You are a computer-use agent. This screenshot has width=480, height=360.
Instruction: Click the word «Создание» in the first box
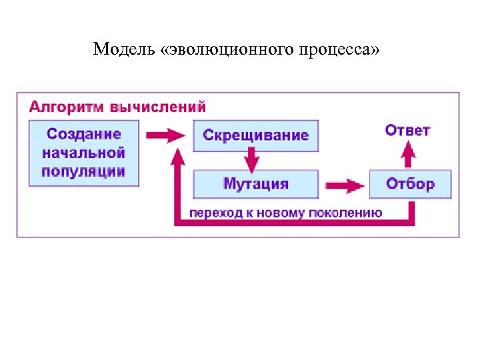click(x=84, y=134)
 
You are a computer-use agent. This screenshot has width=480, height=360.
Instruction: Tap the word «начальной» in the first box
click(x=84, y=153)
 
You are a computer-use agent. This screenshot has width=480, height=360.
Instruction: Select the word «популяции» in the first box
click(x=84, y=171)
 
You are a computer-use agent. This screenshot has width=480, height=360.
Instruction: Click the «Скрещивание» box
click(x=255, y=135)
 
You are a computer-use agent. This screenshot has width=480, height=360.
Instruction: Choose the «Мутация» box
click(x=255, y=184)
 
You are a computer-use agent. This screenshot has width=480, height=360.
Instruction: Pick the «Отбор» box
click(x=410, y=184)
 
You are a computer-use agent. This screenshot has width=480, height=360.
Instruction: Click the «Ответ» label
click(x=407, y=130)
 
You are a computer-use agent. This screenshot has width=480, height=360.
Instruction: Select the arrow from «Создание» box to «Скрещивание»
click(x=165, y=135)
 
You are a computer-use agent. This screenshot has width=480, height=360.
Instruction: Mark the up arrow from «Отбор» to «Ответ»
click(x=409, y=157)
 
